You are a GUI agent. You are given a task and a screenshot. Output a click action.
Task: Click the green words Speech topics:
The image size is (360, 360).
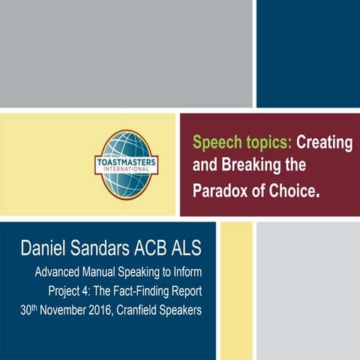tap(229, 142)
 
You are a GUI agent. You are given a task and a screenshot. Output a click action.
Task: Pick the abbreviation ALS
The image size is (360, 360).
tap(196, 247)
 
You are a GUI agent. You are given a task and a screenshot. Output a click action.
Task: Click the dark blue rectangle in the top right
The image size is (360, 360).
tap(308, 52)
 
